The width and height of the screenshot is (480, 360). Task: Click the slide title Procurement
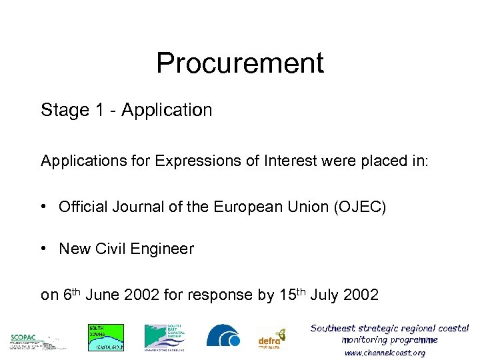(240, 63)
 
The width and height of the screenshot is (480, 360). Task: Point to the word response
(222, 295)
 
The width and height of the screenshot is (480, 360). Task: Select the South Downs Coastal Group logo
(106, 337)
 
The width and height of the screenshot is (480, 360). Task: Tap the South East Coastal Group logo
(165, 337)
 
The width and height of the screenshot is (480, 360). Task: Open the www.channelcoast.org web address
(385, 353)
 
